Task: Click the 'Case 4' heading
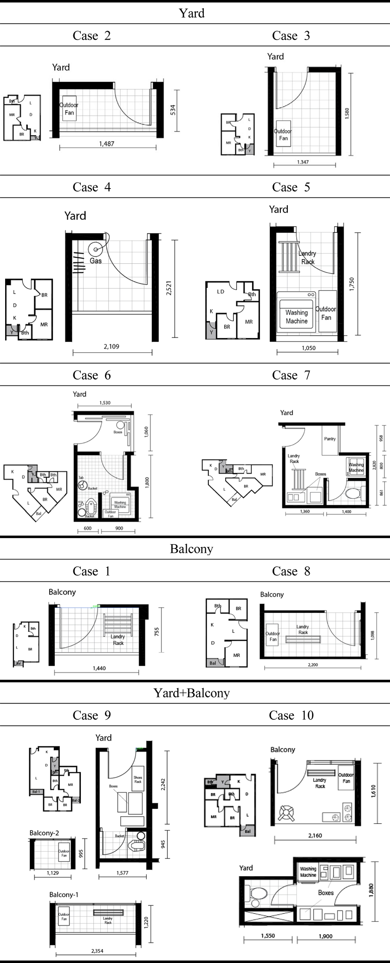click(x=91, y=187)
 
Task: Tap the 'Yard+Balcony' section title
click(x=191, y=693)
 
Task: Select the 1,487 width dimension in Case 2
click(x=106, y=144)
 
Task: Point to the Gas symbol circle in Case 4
click(x=96, y=250)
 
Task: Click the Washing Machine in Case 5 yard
click(x=296, y=317)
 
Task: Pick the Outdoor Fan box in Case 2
click(x=69, y=109)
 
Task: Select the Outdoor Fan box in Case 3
click(x=283, y=135)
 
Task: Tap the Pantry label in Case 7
click(x=330, y=439)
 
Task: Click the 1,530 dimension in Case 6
click(x=105, y=403)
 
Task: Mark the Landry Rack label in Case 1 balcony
click(x=118, y=640)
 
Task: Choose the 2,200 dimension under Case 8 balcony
click(x=313, y=664)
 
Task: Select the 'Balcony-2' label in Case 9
click(x=44, y=833)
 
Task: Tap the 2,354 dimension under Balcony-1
click(x=97, y=951)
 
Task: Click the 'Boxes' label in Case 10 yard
click(x=325, y=892)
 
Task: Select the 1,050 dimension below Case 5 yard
click(x=308, y=348)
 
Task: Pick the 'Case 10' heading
click(x=291, y=716)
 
